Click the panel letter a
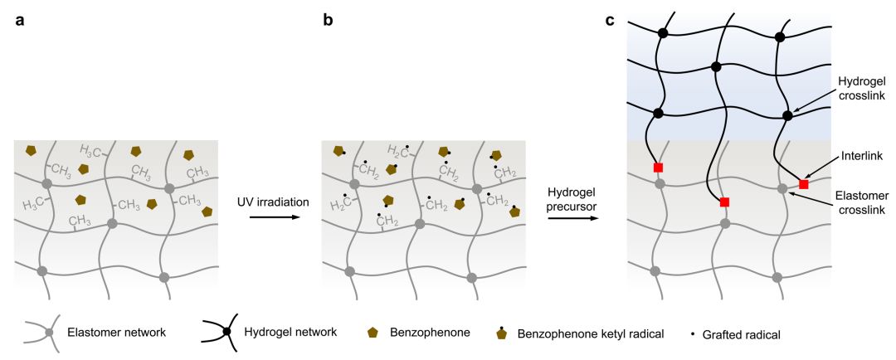click(x=19, y=19)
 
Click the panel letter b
click(x=328, y=19)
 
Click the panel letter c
click(x=610, y=19)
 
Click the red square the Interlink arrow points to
click(x=803, y=183)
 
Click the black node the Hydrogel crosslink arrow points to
click(x=787, y=115)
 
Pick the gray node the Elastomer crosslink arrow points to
click(x=782, y=189)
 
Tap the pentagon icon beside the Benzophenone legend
click(x=373, y=333)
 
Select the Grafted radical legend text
click(x=742, y=333)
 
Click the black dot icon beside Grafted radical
click(x=693, y=333)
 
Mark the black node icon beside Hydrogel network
click(x=226, y=333)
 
